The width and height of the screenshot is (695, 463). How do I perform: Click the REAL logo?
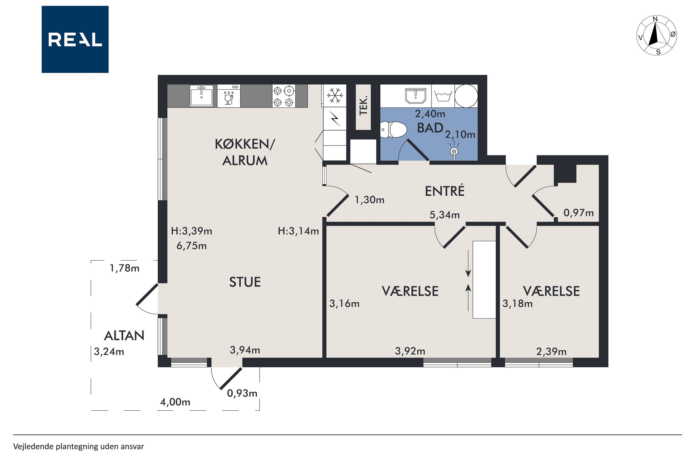[75, 39]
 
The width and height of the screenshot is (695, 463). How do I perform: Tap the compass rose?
[656, 36]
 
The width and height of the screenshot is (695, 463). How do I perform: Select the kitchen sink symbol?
[202, 96]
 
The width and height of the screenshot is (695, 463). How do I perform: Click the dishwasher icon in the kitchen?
[229, 96]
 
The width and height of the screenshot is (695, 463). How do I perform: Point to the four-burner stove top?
[284, 96]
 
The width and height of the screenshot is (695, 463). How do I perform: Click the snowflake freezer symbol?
[335, 95]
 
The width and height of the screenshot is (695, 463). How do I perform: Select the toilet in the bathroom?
[393, 130]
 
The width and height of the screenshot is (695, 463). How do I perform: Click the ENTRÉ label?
[445, 191]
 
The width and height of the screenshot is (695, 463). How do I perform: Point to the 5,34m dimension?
[445, 215]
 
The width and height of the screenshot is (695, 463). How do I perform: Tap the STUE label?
[245, 282]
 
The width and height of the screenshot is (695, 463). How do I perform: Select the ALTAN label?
[124, 336]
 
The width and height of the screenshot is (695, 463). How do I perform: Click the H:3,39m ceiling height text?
[191, 231]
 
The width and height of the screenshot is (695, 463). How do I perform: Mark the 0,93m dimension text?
[242, 393]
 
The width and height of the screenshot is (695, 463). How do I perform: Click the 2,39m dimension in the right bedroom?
[551, 351]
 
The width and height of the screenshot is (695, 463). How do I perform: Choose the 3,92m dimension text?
[410, 351]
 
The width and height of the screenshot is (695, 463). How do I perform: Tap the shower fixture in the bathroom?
[454, 151]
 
